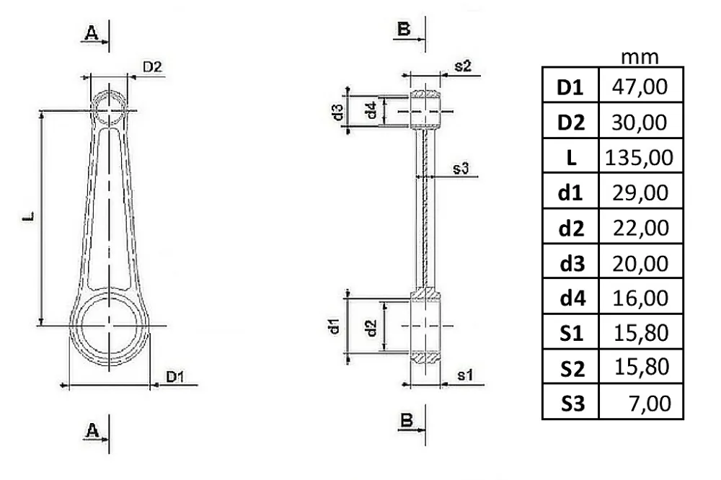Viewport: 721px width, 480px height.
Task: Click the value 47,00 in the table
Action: pos(639,86)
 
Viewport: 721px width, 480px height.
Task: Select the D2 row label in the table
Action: pos(570,123)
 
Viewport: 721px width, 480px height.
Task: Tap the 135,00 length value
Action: pos(639,157)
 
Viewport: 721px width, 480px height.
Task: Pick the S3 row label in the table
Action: pos(572,403)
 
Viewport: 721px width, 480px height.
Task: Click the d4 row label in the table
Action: pos(572,298)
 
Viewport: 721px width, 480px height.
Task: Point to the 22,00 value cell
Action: pos(640,228)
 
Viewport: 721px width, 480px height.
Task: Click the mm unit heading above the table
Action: pos(640,58)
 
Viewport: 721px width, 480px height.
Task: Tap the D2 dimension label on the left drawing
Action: pos(152,67)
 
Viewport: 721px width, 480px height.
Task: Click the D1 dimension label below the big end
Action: pos(174,377)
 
